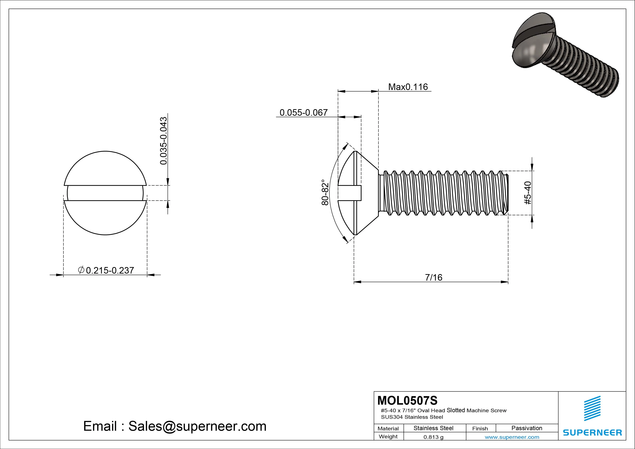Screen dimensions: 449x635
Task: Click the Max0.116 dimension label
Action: coord(408,87)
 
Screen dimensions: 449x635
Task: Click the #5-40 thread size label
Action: coord(528,193)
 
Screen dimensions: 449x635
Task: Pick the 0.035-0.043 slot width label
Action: coord(163,141)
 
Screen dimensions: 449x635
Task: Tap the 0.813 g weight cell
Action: coord(433,437)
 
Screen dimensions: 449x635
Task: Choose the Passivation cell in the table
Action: coord(527,428)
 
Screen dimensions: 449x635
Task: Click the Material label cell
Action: coord(388,429)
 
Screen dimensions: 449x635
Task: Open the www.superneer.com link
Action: coord(512,437)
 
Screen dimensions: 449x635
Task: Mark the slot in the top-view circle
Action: coord(105,193)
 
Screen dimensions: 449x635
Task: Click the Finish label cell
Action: coord(480,429)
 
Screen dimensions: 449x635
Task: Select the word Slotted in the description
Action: coord(456,410)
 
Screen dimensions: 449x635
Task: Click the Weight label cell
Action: coord(388,437)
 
